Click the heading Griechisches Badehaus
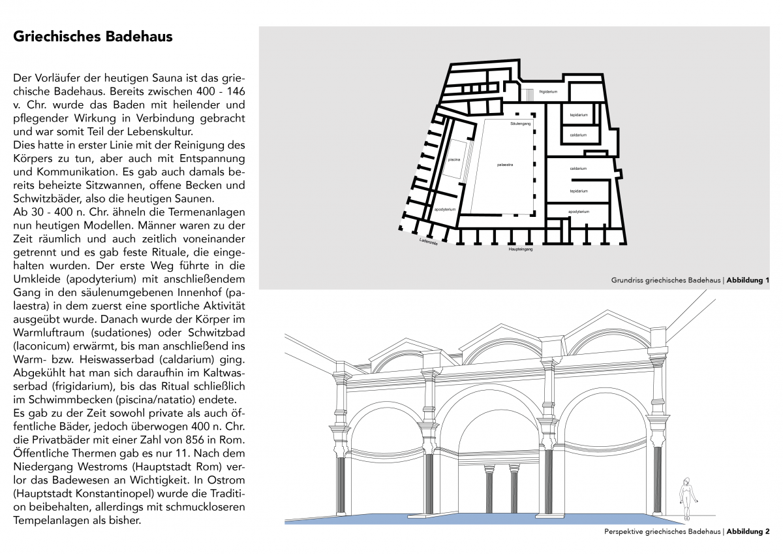tap(93, 37)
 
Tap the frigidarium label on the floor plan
tap(548, 92)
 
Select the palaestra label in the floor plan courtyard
tap(505, 165)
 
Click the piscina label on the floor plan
tap(454, 159)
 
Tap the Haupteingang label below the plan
tap(520, 250)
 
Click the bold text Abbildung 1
tap(748, 280)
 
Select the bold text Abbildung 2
tap(748, 531)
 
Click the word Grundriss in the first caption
tap(627, 280)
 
